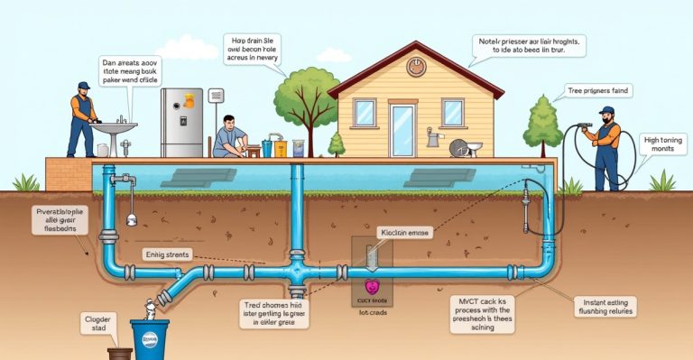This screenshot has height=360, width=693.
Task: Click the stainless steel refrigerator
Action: pyautogui.click(x=180, y=122)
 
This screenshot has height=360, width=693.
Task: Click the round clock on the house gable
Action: pyautogui.click(x=416, y=66)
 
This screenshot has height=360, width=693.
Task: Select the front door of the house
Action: pyautogui.click(x=402, y=130)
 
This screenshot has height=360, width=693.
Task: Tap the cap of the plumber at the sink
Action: pyautogui.click(x=84, y=87)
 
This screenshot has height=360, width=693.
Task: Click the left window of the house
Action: pyautogui.click(x=365, y=113)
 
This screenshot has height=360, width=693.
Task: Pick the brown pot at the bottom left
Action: pyautogui.click(x=119, y=354)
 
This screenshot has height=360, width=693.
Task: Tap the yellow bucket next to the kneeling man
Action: pyautogui.click(x=279, y=145)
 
